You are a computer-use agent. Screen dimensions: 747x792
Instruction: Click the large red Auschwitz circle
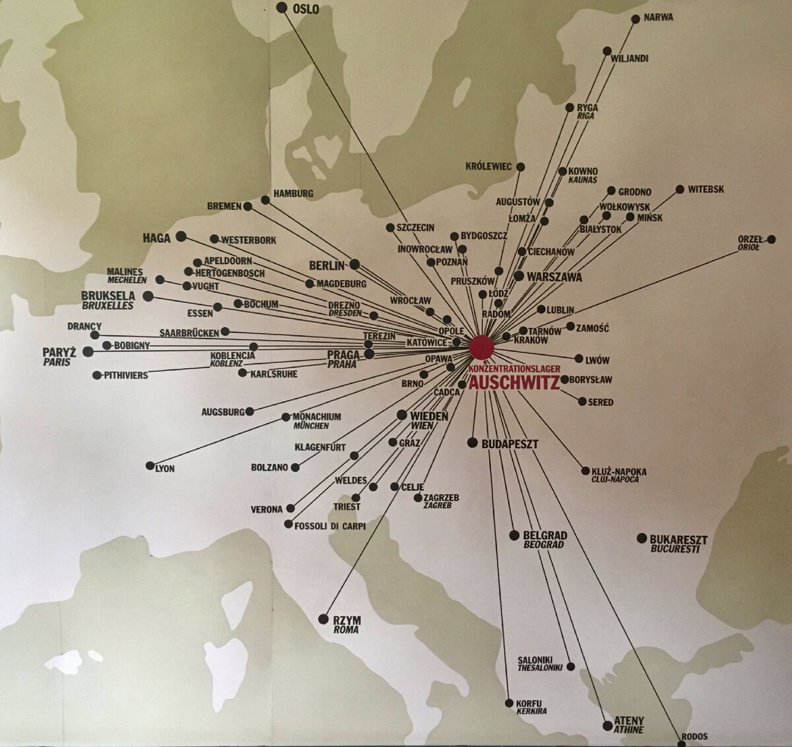click(x=481, y=346)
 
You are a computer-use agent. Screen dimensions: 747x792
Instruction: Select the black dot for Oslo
click(x=282, y=7)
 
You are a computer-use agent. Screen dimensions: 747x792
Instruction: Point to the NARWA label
click(x=659, y=18)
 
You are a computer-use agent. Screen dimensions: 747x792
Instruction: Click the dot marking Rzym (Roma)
click(x=323, y=619)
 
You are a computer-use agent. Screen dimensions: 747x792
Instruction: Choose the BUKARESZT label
click(x=678, y=539)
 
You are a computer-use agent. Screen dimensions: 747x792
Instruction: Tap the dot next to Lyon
click(x=150, y=466)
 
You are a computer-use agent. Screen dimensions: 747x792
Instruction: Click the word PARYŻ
click(x=59, y=352)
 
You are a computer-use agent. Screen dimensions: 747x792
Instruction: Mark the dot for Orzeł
click(x=770, y=239)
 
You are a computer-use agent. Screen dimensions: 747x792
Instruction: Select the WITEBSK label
click(x=706, y=189)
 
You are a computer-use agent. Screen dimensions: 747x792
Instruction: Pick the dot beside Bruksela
click(x=148, y=296)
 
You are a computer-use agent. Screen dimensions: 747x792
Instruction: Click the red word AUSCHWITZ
click(x=514, y=383)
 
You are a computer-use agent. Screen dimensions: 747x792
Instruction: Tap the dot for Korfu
click(x=509, y=703)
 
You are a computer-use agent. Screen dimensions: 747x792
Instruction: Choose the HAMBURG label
click(x=293, y=193)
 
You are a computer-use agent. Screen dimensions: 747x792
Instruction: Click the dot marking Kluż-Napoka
click(x=585, y=471)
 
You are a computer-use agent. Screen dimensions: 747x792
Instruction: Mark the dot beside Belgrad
click(x=514, y=535)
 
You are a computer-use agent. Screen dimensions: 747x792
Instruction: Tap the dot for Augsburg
click(x=249, y=412)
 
